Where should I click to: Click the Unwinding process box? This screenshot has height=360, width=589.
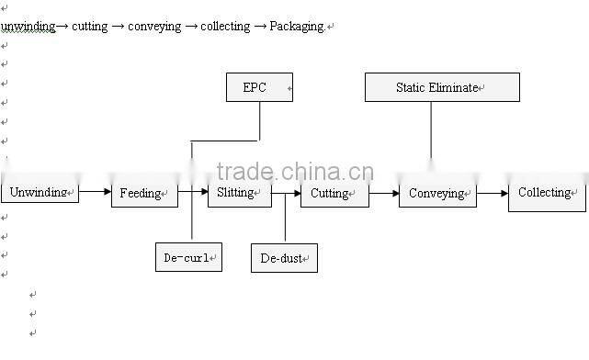(40, 193)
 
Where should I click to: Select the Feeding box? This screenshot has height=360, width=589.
(144, 194)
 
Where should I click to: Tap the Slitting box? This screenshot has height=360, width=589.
(239, 193)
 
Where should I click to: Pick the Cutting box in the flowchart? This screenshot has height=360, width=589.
(334, 194)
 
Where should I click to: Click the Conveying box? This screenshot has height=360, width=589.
(437, 194)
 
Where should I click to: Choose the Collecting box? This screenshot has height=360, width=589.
(547, 194)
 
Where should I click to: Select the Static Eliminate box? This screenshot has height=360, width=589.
(442, 87)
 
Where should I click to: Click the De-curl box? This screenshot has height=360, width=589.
(188, 258)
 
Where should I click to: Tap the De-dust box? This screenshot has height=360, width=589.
(284, 259)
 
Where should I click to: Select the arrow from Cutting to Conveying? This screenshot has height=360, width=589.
(383, 193)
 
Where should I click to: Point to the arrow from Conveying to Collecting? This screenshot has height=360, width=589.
(492, 193)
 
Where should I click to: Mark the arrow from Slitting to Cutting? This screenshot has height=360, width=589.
(287, 193)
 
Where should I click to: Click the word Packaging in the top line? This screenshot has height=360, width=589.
(297, 27)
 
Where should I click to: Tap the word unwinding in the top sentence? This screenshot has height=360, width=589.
(28, 27)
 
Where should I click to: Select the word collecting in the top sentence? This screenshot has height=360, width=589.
(225, 27)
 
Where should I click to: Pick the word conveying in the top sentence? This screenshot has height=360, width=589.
(154, 27)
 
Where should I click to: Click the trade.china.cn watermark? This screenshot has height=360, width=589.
(295, 172)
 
